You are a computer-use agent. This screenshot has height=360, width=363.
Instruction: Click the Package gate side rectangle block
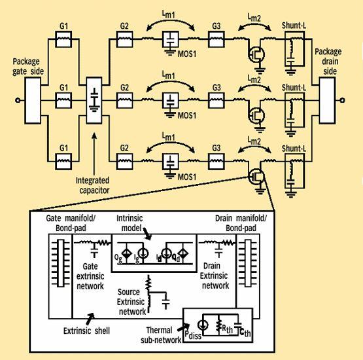click(33, 100)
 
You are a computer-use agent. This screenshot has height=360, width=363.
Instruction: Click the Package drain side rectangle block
click(327, 100)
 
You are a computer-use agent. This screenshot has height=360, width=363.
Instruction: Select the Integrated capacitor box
click(94, 100)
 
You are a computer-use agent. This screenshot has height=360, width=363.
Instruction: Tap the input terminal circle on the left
click(18, 100)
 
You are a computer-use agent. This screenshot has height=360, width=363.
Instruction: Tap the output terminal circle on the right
click(342, 100)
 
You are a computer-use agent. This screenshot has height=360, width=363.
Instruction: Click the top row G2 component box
click(124, 39)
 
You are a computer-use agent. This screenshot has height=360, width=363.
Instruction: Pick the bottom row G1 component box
click(63, 162)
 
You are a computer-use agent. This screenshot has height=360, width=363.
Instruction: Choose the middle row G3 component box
click(216, 100)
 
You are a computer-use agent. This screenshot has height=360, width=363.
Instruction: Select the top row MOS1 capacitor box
click(171, 39)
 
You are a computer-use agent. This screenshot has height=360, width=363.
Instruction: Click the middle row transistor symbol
click(256, 115)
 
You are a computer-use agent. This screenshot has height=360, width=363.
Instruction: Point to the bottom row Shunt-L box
click(294, 171)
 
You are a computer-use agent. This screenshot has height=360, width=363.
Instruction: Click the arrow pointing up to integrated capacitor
click(94, 154)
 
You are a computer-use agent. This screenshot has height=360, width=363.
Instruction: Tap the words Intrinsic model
click(130, 223)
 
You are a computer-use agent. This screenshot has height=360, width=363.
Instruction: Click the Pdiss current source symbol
click(203, 325)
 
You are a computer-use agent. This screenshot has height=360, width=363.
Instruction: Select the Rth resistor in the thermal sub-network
click(218, 325)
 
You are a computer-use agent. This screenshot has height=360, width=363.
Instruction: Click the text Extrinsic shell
click(86, 331)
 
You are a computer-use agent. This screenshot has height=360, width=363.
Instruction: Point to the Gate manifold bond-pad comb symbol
click(60, 263)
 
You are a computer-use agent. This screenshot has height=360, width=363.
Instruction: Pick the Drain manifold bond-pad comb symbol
click(248, 263)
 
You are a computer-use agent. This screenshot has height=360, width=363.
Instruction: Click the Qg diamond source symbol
click(126, 254)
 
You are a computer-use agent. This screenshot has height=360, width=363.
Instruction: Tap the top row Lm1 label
click(169, 14)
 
